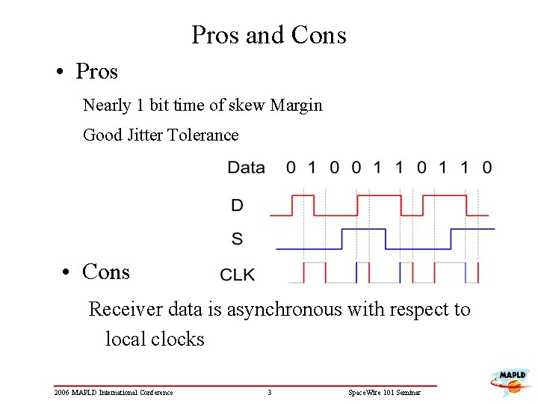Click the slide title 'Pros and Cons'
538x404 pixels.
pos(269,35)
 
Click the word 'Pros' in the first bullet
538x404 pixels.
pos(97,72)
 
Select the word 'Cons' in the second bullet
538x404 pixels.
pos(106,272)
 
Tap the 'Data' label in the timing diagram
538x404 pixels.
pos(246,168)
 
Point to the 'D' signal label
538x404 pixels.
pos(237,205)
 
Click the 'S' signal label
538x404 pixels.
pos(237,239)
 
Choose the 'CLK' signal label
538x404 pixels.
pos(238,275)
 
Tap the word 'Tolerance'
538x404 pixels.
pos(203,135)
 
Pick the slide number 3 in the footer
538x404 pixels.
pos(269,393)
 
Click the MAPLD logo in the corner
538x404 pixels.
pos(510,381)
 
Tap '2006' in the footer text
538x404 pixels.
pos(62,393)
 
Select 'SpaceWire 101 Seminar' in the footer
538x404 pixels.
pos(384,393)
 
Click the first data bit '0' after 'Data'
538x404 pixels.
pos(291,168)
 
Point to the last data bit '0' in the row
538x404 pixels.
pos(487,168)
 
